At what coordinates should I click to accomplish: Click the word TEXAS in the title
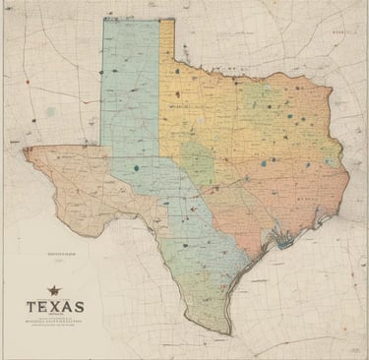tap(55, 307)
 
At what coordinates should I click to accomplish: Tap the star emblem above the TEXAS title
tap(53, 291)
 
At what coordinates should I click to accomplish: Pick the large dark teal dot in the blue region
tap(135, 168)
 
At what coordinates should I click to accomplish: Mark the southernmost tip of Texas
tap(227, 332)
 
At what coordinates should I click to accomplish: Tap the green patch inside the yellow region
tap(198, 157)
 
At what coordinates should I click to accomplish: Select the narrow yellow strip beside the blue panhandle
tap(166, 39)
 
